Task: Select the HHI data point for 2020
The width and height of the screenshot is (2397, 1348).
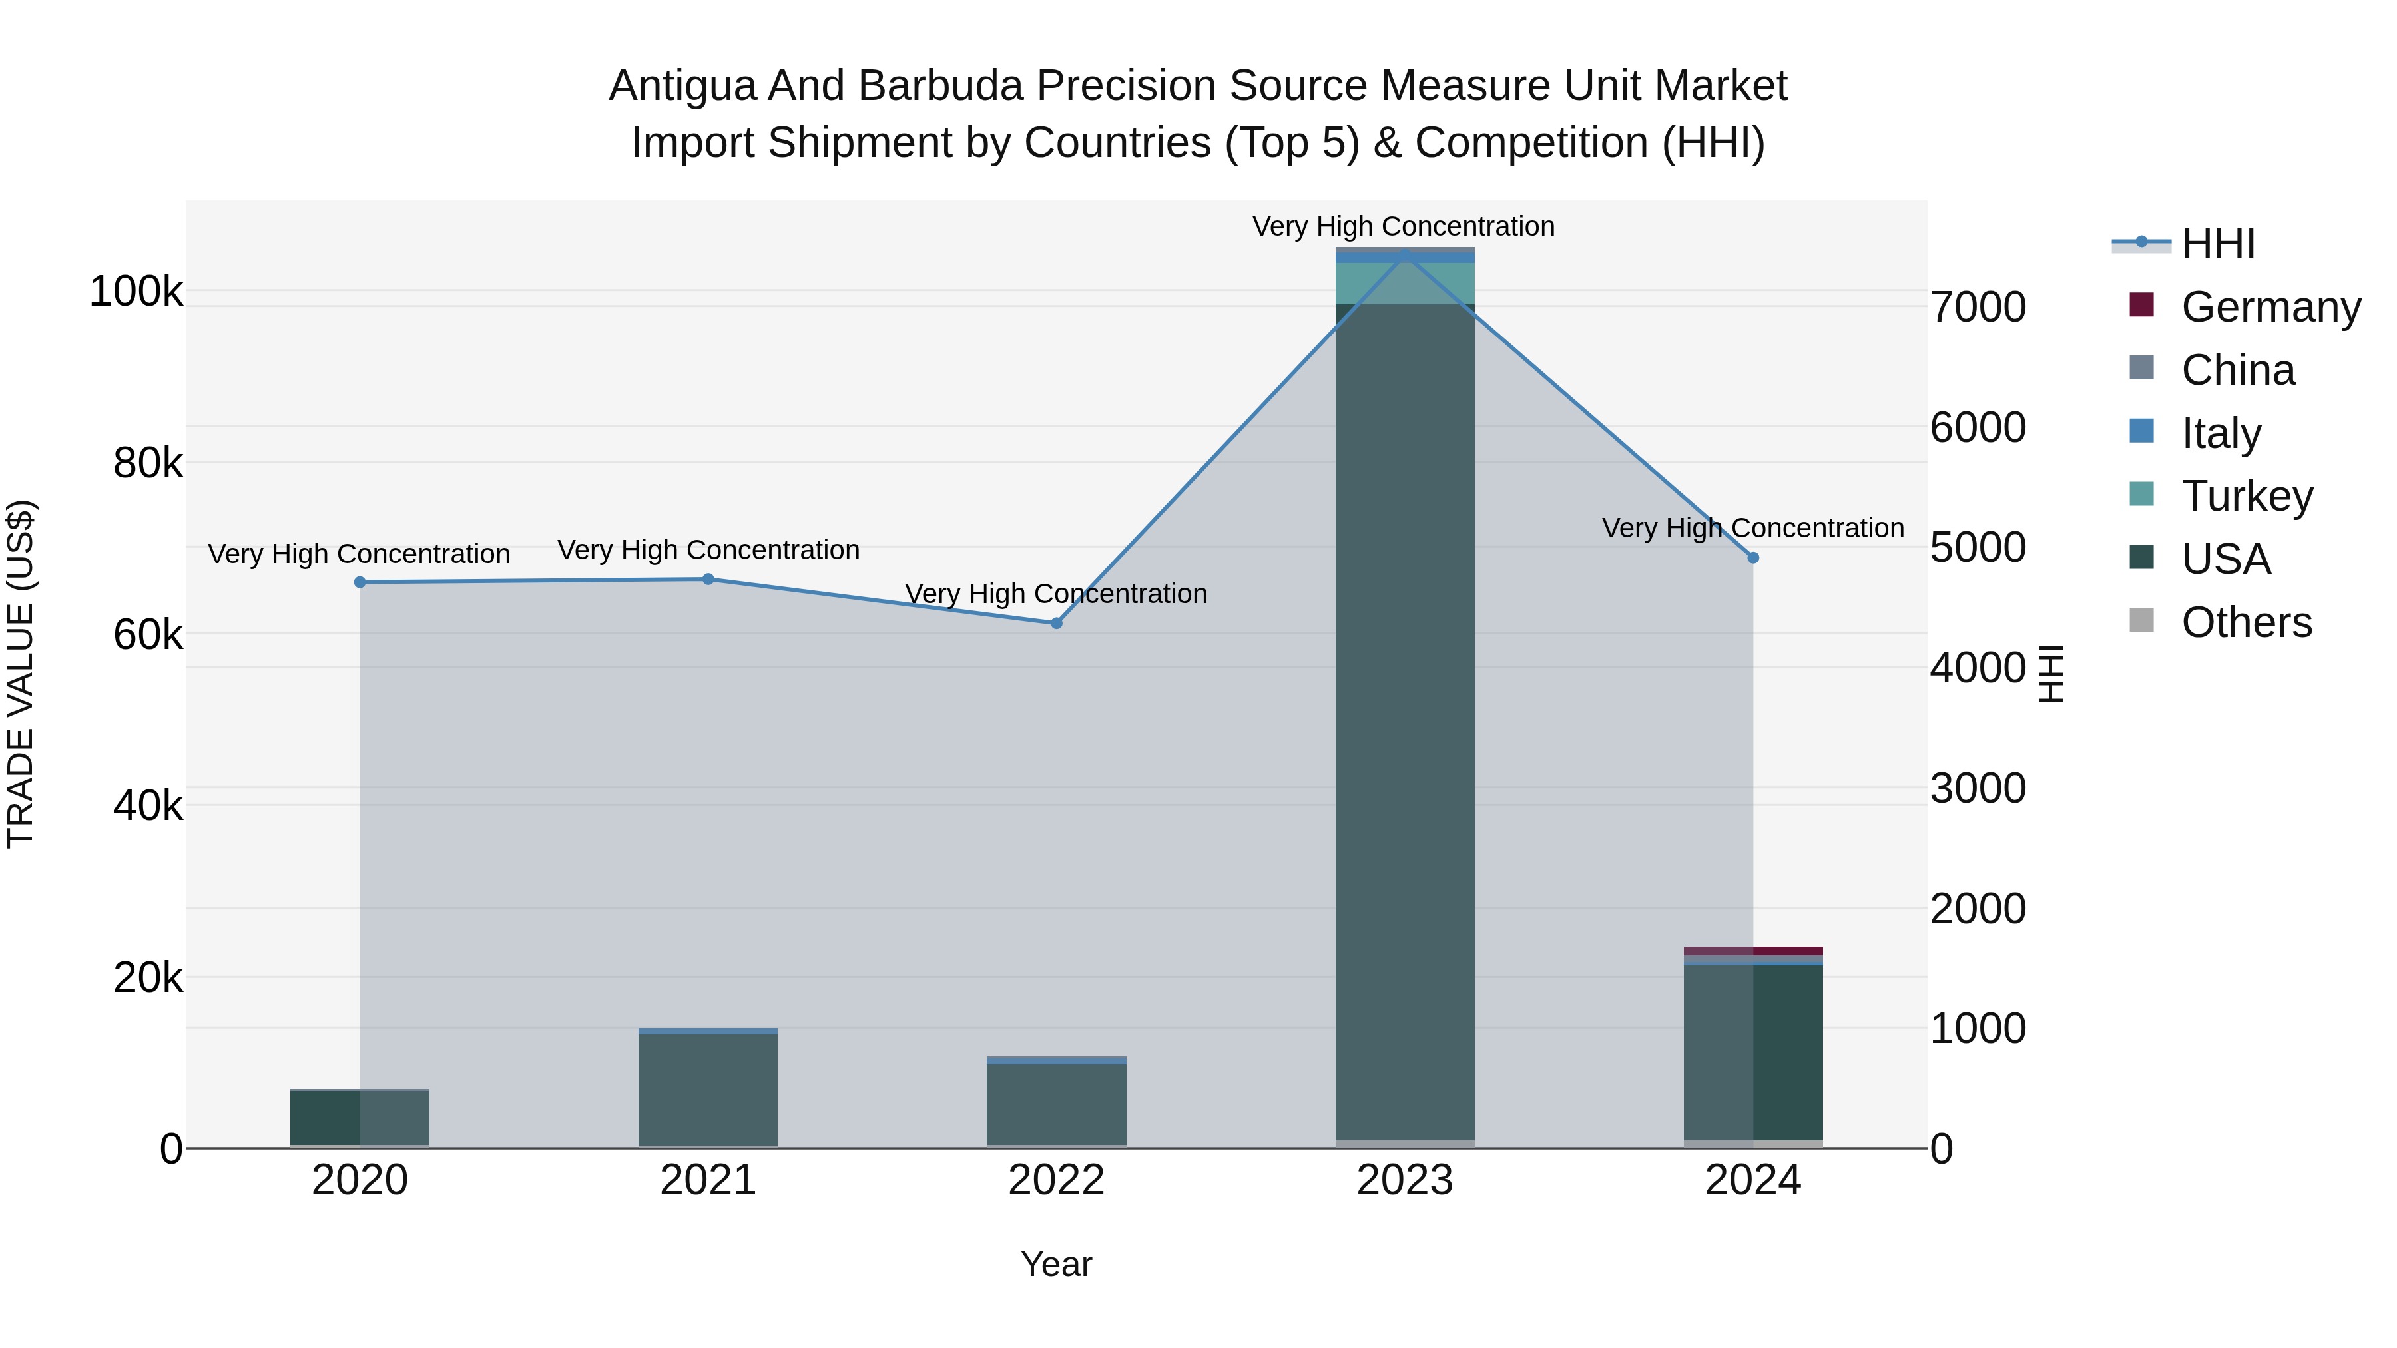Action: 360,582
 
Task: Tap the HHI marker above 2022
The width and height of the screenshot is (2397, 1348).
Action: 1056,623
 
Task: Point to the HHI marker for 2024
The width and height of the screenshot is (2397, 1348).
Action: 1753,557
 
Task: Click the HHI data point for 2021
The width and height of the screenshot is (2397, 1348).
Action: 708,580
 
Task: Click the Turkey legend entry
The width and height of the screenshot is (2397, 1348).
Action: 2247,496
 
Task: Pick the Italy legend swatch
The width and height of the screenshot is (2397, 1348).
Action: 2141,431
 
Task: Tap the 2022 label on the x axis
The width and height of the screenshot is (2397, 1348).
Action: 1056,1180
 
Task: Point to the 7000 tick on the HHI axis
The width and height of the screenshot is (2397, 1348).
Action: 1978,308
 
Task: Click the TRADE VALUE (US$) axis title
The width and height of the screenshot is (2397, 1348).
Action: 21,674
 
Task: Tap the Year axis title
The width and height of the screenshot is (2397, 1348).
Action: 1056,1264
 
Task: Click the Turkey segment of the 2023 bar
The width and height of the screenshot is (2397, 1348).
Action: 1404,283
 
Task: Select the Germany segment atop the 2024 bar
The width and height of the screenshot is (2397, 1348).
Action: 1753,951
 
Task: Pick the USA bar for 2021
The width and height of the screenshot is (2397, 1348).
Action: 708,1088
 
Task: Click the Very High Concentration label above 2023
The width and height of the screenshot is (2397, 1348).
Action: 1403,227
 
